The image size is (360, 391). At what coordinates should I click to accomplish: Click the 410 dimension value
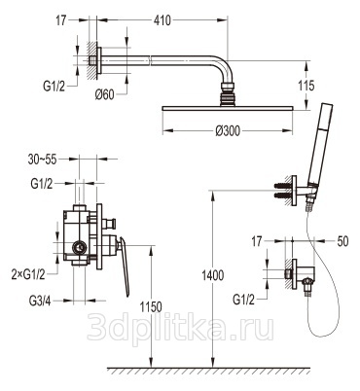pyautogui.click(x=162, y=20)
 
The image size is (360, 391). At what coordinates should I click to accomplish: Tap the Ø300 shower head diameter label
pyautogui.click(x=228, y=131)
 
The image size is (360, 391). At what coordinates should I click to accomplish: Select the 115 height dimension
pyautogui.click(x=306, y=86)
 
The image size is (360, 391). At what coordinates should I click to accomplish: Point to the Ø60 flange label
pyautogui.click(x=104, y=94)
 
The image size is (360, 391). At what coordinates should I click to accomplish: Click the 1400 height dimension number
pyautogui.click(x=213, y=275)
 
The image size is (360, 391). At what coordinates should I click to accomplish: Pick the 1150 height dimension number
pyautogui.click(x=151, y=306)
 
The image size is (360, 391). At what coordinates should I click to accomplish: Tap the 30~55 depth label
pyautogui.click(x=42, y=160)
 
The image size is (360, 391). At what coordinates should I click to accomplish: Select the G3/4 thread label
pyautogui.click(x=40, y=302)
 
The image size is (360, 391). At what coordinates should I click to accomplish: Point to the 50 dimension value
pyautogui.click(x=342, y=241)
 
